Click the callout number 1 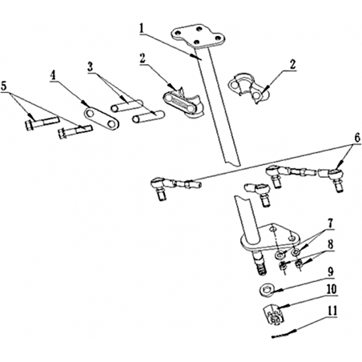click(x=142, y=29)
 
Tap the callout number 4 click(x=54, y=75)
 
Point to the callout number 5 click(x=3, y=86)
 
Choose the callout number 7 click(x=331, y=223)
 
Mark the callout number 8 click(x=331, y=244)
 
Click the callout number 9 click(x=331, y=271)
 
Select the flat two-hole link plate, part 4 click(x=102, y=119)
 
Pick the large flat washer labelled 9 click(x=266, y=289)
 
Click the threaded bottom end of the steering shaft click(x=259, y=267)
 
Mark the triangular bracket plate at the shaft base click(x=269, y=237)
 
